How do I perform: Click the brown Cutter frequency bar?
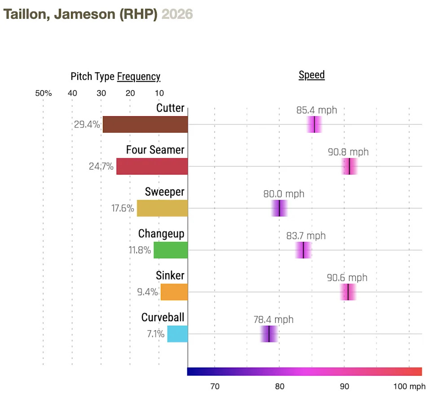(145, 124)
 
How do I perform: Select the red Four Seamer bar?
(152, 166)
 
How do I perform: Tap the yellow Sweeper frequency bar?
(162, 208)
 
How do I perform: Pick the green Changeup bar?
(171, 250)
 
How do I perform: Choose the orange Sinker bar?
(174, 292)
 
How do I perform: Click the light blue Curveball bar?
(177, 334)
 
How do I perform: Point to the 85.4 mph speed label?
(317, 110)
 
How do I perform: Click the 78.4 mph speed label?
(273, 319)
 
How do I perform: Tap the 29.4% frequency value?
(87, 124)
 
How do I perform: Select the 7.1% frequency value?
(155, 334)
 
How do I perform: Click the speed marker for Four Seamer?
(349, 166)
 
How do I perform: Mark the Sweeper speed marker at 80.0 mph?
(279, 208)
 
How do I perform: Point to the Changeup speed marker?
(303, 250)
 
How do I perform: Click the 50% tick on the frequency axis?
(44, 93)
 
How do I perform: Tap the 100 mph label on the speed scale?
(409, 386)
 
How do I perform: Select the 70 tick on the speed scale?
(215, 386)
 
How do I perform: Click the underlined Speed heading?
(312, 74)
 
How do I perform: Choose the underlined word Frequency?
(139, 76)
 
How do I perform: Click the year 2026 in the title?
(177, 14)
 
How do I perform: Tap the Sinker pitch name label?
(170, 275)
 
